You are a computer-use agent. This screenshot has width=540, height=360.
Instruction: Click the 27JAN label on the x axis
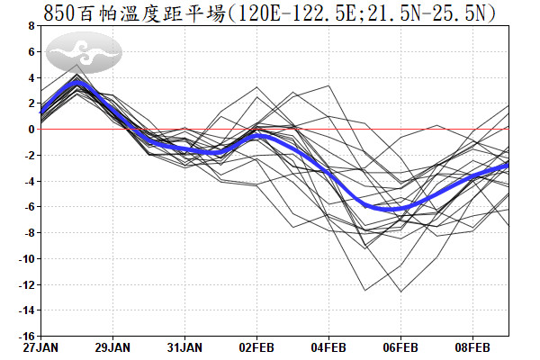coord(40,346)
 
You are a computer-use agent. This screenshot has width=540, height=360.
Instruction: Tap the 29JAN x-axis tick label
coord(112,346)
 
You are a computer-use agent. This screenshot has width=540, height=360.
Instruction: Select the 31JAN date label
coord(184,346)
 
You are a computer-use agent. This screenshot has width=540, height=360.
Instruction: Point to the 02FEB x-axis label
coord(256,346)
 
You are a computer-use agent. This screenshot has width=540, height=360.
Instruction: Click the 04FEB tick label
coord(328,346)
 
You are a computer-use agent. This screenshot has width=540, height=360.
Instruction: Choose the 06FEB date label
coord(400,346)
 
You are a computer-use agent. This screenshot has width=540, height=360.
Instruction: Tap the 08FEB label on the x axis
coord(472,346)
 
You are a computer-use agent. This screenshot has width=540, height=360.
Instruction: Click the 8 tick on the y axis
coord(31,26)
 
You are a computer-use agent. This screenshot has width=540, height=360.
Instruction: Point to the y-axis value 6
coord(31,52)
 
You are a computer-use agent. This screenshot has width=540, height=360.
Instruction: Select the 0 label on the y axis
coord(31,130)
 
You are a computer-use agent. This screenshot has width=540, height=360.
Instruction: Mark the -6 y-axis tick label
coord(28,207)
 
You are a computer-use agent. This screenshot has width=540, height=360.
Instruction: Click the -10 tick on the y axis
coord(24,259)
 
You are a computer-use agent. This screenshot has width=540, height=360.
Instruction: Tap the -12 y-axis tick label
coord(24,285)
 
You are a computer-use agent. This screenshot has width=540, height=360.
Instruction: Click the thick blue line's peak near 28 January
coord(78,81)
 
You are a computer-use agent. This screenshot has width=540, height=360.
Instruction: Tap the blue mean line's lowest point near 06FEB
coord(396,209)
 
